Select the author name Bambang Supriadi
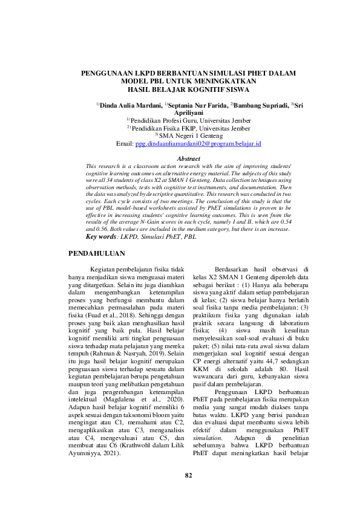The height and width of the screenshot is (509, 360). (260, 105)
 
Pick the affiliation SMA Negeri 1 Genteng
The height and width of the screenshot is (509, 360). (191, 135)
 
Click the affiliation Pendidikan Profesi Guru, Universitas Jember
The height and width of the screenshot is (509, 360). (191, 120)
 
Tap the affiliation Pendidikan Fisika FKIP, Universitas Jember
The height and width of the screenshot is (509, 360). (191, 128)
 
